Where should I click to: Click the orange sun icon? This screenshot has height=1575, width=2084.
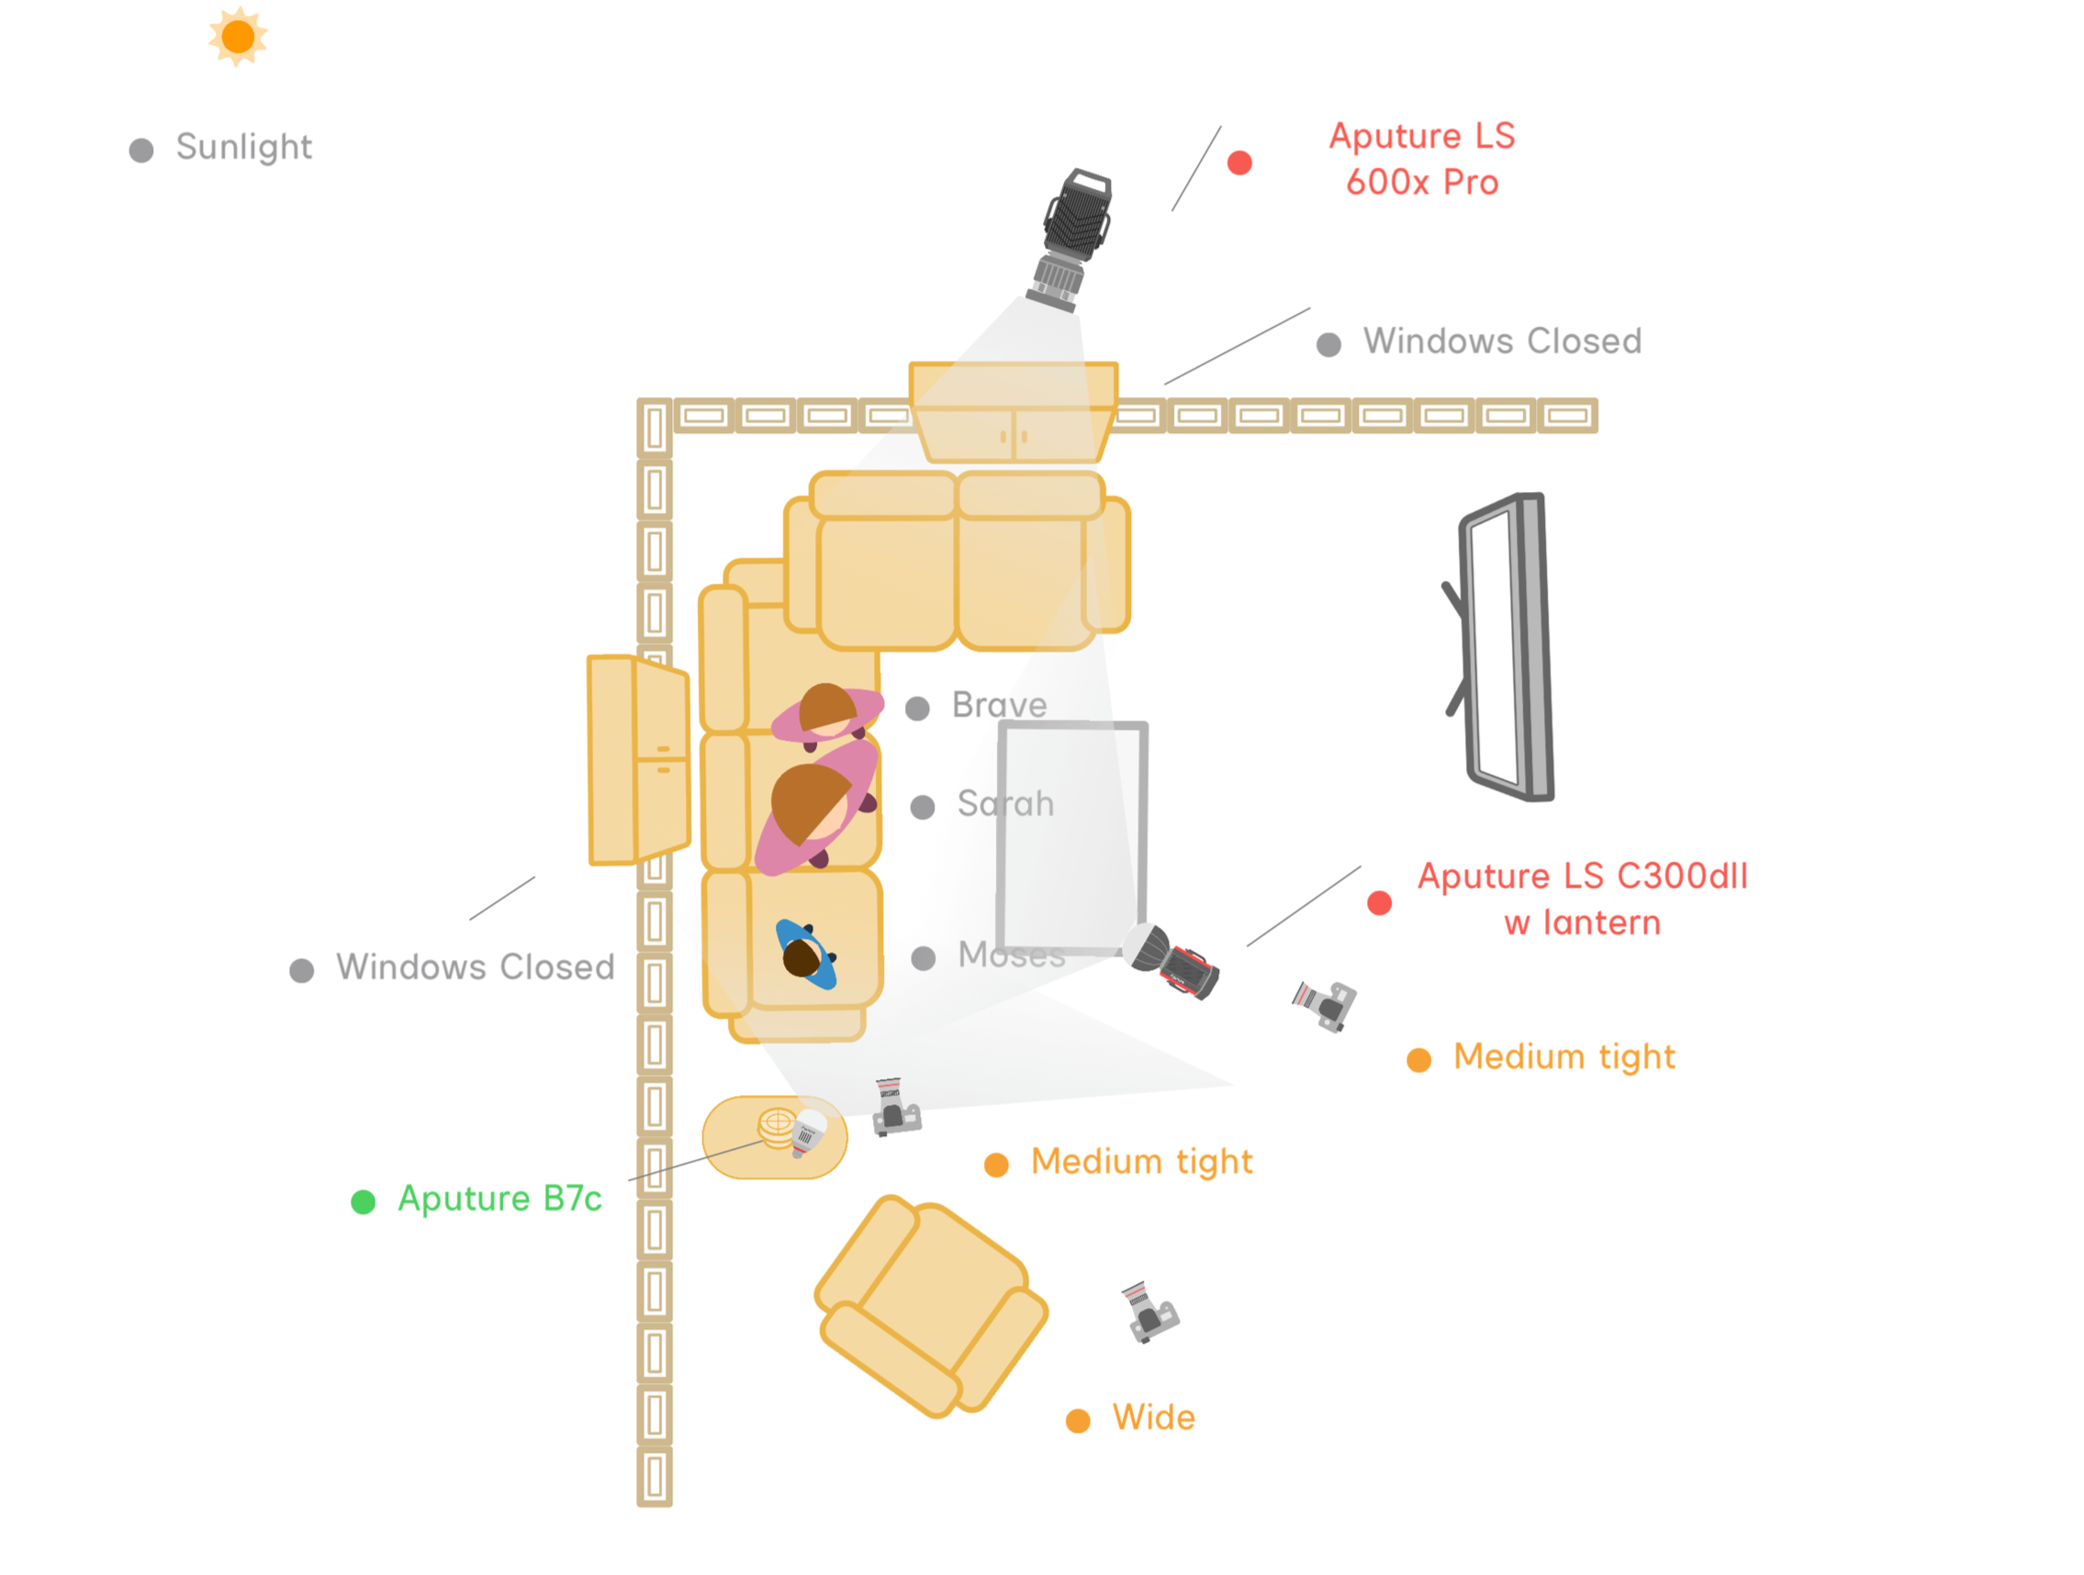point(238,37)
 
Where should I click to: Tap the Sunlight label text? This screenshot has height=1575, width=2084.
point(243,147)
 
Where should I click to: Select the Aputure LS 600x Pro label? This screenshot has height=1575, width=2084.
point(1421,158)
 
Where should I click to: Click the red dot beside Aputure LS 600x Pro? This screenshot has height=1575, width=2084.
point(1240,163)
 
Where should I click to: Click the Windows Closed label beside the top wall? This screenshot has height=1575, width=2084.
point(1502,341)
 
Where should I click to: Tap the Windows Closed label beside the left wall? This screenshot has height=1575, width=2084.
point(475,966)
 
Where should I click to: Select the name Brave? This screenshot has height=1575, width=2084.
point(999,705)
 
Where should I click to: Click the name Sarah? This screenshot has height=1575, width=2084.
point(1005,803)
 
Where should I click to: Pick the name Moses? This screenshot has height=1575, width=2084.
point(1011,955)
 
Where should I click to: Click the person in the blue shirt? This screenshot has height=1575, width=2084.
point(805,955)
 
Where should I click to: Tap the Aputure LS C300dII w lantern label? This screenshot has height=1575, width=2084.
point(1582,899)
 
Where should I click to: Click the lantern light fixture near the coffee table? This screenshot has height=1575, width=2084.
point(1172,960)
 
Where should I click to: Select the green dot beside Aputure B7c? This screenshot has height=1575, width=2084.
point(363,1202)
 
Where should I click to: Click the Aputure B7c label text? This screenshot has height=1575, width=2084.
point(499,1198)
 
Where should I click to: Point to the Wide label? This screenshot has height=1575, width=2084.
point(1153,1418)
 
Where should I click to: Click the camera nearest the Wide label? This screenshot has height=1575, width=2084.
point(1148,1312)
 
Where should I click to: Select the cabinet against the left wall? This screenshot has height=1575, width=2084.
point(638,759)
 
